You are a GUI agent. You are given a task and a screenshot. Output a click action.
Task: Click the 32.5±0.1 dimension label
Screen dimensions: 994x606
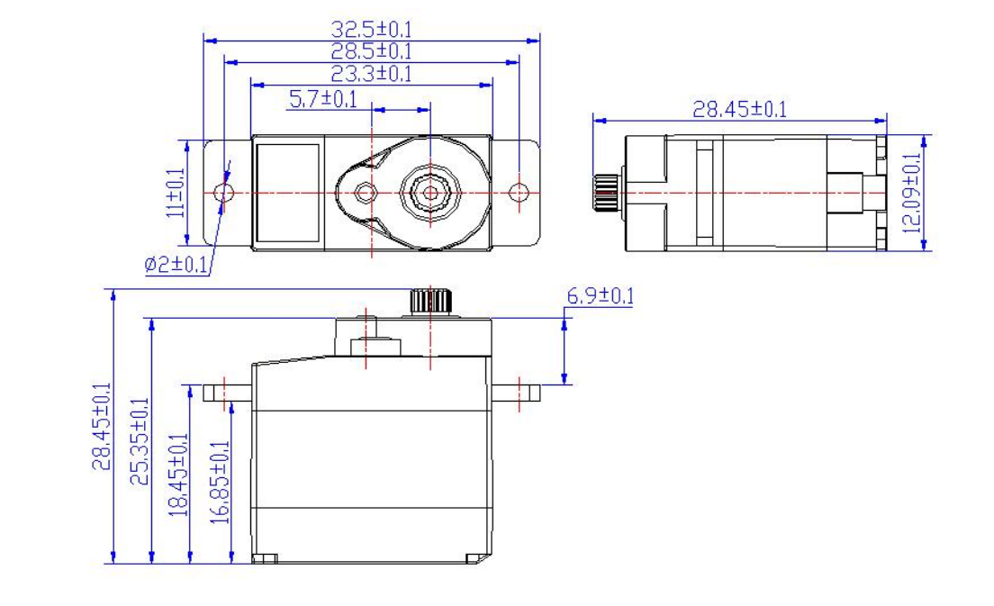[x=372, y=29]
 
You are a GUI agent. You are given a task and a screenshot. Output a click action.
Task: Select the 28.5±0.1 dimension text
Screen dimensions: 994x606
[x=372, y=51]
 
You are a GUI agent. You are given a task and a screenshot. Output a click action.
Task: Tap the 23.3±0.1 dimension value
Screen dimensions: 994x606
[x=372, y=74]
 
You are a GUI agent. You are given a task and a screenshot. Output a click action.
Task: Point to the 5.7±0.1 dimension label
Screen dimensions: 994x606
[x=323, y=99]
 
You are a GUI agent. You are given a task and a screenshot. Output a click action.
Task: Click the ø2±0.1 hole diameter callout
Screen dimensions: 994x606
[x=176, y=265]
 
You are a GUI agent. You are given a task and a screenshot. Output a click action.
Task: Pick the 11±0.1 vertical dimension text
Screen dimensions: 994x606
[x=176, y=193]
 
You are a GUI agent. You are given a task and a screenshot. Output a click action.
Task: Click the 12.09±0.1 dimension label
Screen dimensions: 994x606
[x=911, y=193]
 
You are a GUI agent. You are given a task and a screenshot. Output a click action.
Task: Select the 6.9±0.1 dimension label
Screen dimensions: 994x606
[x=600, y=295]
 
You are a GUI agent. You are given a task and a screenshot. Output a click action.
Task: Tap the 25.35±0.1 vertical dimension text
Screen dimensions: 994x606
[x=140, y=441]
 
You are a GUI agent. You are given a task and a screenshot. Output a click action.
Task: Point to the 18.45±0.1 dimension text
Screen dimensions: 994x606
[x=178, y=475]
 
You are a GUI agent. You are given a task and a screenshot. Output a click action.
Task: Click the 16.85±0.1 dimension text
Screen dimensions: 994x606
[x=220, y=483]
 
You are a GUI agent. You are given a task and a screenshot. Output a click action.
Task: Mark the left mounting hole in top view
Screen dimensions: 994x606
[x=224, y=192]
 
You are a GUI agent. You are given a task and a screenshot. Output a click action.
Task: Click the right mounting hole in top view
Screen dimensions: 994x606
[x=519, y=192]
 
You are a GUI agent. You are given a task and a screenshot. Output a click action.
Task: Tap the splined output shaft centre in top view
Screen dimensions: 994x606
[x=430, y=192]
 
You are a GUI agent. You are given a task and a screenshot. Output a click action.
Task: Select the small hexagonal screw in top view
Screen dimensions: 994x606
[x=364, y=192]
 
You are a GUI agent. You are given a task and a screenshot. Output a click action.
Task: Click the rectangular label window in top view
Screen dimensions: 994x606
[x=288, y=193]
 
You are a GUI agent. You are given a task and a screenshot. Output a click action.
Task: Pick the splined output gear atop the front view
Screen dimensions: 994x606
[x=430, y=301]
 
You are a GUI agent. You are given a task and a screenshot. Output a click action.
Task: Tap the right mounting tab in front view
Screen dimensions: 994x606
[x=516, y=393]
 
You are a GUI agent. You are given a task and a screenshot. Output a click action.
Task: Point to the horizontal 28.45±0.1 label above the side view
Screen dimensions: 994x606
[x=739, y=109]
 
